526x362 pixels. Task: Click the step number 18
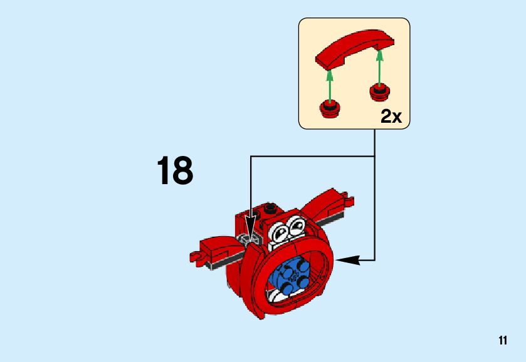click(x=175, y=171)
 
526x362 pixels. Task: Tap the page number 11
click(x=502, y=341)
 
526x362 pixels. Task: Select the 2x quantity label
click(x=391, y=116)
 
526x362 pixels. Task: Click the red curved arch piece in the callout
click(x=355, y=50)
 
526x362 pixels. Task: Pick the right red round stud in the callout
click(x=379, y=91)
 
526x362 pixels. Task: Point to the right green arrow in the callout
click(x=379, y=67)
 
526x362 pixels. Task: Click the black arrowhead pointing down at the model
click(x=251, y=225)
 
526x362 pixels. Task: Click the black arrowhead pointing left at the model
click(x=348, y=259)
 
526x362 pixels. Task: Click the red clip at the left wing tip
click(x=197, y=257)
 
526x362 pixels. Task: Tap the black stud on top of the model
click(x=270, y=208)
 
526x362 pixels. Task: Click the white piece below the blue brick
click(x=276, y=294)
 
